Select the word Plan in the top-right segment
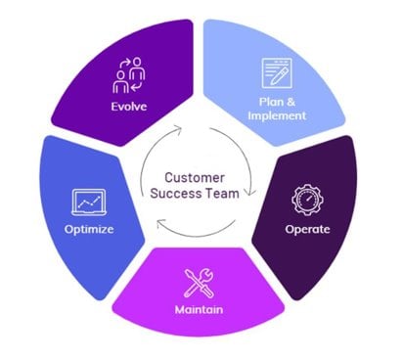[271, 101]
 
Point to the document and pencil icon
[277, 74]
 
